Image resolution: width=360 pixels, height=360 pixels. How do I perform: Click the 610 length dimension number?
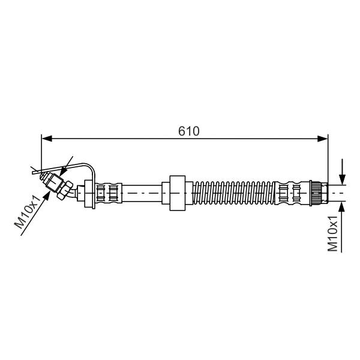189,131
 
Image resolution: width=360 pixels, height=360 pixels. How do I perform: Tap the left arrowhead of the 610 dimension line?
47,139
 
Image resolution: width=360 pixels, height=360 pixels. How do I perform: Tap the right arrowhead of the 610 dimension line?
323,139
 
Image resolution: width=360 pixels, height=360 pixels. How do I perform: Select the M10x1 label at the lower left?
28,212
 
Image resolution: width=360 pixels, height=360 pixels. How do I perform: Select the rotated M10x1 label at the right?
333,233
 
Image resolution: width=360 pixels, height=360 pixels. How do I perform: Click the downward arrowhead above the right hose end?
342,179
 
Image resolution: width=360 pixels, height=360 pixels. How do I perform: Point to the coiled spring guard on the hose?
234,193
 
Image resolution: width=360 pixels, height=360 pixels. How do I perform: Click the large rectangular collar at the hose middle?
178,193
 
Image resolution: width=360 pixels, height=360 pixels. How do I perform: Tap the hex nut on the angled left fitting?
65,190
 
